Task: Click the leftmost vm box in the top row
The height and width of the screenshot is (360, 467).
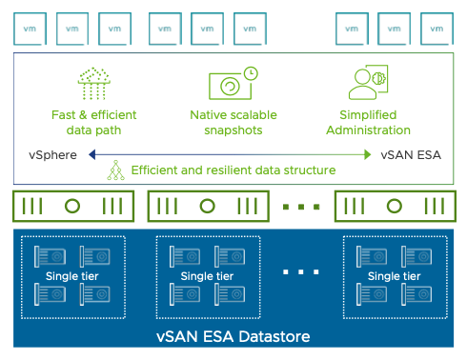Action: click(29, 28)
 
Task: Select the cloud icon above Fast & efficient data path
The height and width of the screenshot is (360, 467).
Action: click(93, 83)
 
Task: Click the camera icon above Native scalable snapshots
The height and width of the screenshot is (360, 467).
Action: click(233, 84)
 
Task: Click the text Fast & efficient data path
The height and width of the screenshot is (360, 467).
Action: click(93, 123)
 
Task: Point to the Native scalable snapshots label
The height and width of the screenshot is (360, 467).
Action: click(233, 123)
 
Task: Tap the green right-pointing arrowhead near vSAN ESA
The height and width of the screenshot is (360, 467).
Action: click(368, 154)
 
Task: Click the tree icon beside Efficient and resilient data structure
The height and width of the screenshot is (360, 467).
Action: click(115, 170)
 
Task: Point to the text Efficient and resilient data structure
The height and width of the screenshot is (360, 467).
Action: click(233, 170)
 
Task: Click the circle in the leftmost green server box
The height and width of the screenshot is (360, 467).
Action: click(72, 206)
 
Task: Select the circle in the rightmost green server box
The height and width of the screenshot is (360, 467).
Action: click(393, 206)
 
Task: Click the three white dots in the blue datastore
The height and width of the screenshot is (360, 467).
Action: click(300, 272)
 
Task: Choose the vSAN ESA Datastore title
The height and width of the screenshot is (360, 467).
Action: click(233, 335)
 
